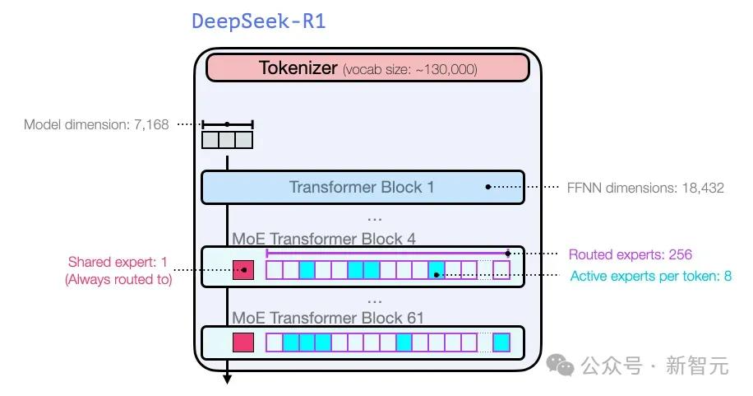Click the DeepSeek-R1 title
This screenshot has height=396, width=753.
(x=258, y=21)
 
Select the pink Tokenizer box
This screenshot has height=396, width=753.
(x=368, y=68)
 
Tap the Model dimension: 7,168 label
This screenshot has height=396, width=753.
(x=96, y=125)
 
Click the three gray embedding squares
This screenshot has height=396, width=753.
(x=227, y=140)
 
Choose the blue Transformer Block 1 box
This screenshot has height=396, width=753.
(x=362, y=187)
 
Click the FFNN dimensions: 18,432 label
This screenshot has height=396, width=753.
(x=644, y=188)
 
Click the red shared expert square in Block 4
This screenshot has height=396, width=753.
(x=243, y=270)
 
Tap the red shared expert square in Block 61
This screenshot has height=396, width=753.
(x=243, y=342)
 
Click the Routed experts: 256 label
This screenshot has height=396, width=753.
(x=631, y=254)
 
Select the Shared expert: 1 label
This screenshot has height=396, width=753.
(x=118, y=263)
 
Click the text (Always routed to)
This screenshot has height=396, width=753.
(x=118, y=279)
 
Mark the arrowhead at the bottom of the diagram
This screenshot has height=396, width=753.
(x=227, y=380)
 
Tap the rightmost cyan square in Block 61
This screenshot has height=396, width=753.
(x=501, y=342)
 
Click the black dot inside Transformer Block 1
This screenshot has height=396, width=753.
(x=487, y=187)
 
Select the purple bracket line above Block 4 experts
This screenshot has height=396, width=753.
(x=386, y=254)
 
